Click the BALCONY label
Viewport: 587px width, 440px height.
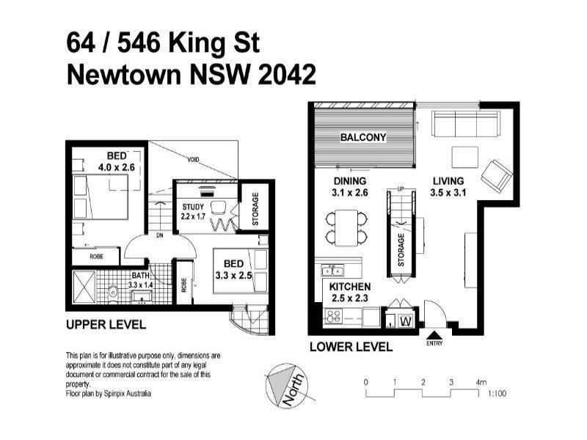[x=362, y=137]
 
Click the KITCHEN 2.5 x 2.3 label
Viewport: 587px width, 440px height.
[x=349, y=291]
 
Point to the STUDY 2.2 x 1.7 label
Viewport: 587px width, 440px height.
[x=194, y=211]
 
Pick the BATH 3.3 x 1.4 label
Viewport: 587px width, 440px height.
[x=140, y=279]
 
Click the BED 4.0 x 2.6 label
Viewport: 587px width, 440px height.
[x=117, y=161]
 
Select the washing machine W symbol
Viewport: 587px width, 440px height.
[x=406, y=320]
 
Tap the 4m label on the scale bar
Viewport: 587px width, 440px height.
[x=481, y=382]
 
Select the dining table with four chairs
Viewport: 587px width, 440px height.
[x=345, y=227]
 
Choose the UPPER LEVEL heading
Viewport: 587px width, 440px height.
[x=106, y=324]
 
